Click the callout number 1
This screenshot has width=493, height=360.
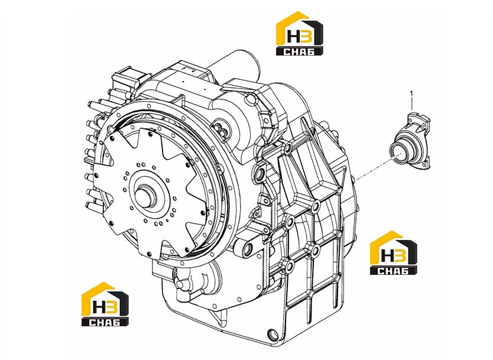[411, 93]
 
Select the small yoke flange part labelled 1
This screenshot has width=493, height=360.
[410, 141]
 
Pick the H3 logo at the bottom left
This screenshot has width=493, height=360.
[105, 304]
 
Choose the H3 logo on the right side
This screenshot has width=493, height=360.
[394, 253]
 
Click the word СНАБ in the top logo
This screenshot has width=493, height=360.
[299, 51]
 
